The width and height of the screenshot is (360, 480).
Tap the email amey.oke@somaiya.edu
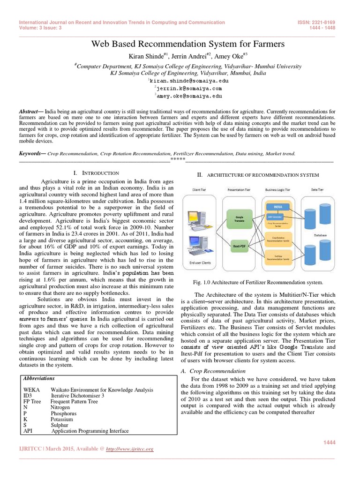(x=182, y=95)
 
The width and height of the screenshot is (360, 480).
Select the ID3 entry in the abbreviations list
(x=28, y=396)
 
